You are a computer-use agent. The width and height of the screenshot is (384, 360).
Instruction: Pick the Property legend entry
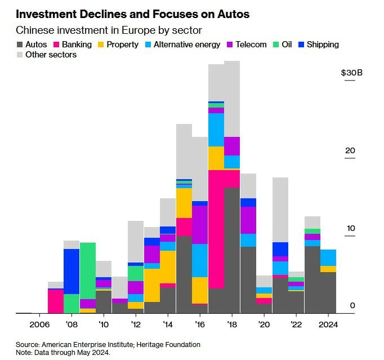pos(117,44)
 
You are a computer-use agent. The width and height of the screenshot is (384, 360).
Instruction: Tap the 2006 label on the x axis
pos(39,325)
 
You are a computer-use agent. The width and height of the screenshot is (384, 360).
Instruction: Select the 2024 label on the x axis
pos(328,325)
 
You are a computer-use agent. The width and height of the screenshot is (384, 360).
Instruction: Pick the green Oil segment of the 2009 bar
pos(88,270)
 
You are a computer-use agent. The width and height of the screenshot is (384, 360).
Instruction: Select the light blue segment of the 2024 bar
pos(328,257)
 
